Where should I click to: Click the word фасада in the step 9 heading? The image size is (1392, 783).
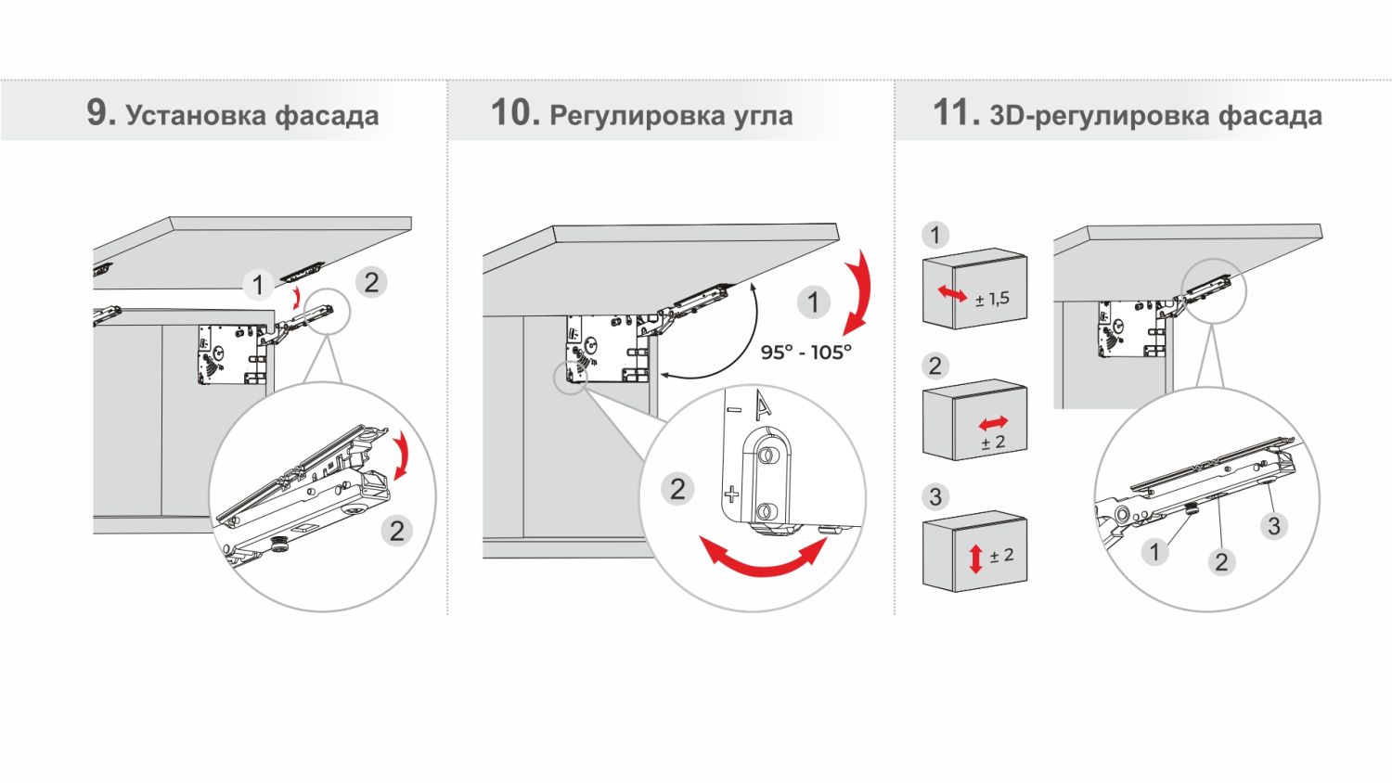pos(327,116)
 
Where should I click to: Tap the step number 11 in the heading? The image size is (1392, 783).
pos(954,113)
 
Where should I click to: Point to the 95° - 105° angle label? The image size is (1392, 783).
pos(806,353)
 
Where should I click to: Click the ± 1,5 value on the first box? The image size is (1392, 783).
pos(992,299)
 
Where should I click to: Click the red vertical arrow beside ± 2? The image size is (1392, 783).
pos(975,558)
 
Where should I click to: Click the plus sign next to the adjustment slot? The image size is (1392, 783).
pos(731,494)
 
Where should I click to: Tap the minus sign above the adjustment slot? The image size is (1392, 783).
pos(735,409)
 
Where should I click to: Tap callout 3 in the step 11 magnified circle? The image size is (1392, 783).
pos(1273,526)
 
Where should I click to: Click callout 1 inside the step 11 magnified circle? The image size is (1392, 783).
pos(1154,551)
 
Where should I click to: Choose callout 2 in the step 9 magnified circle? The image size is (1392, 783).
pos(396,531)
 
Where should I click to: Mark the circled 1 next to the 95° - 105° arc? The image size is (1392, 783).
pos(814,302)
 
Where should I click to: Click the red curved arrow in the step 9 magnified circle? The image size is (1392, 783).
pos(402,456)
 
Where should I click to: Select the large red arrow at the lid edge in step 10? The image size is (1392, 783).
pos(858,290)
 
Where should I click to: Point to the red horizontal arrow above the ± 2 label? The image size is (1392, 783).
pos(993,424)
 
